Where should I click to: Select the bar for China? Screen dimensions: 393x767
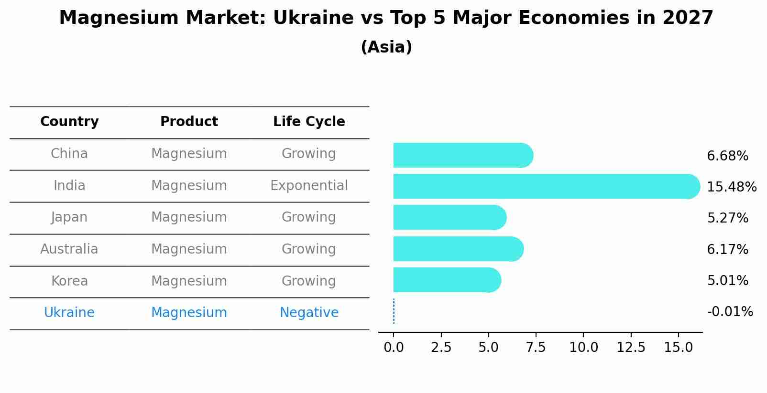click(462, 155)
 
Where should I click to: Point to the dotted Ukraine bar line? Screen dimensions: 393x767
click(394, 311)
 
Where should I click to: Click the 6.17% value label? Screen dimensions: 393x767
click(727, 249)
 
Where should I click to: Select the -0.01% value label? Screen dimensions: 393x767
click(730, 312)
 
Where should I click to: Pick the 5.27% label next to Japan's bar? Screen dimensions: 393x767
click(727, 218)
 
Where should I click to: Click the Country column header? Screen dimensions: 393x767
click(69, 122)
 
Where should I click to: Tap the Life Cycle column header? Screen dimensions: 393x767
click(309, 122)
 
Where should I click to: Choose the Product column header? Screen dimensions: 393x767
click(189, 122)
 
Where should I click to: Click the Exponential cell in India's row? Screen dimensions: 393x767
click(309, 186)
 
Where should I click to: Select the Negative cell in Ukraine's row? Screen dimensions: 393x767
click(309, 313)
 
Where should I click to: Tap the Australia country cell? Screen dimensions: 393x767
click(69, 249)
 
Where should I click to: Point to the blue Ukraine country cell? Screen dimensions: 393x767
click(69, 313)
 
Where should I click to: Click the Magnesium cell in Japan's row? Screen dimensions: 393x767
click(189, 217)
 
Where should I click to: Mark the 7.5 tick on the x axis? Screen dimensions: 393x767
click(536, 348)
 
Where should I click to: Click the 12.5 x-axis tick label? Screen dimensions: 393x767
click(630, 348)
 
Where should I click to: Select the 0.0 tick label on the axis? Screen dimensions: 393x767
click(394, 348)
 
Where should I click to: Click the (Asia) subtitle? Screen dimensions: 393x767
click(386, 47)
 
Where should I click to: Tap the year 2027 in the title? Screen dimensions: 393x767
click(688, 18)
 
